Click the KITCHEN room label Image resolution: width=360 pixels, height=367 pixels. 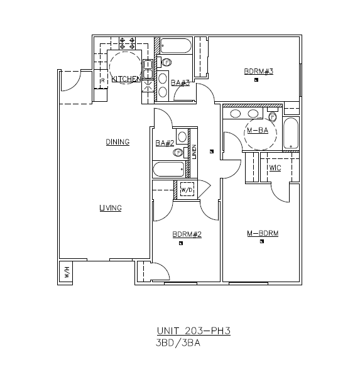[x=126, y=79]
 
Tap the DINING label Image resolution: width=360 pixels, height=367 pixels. [x=117, y=142]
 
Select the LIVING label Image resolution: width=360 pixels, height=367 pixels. [x=110, y=208]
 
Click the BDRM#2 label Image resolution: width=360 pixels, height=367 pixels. [x=187, y=235]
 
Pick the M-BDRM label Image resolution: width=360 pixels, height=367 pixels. [x=263, y=234]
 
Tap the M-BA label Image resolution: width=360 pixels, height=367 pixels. [x=258, y=131]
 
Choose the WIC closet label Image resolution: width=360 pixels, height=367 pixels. [x=275, y=168]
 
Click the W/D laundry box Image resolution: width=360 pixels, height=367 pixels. [x=187, y=190]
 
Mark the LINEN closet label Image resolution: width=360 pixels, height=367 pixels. [x=195, y=152]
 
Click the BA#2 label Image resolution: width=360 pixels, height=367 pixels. [x=164, y=143]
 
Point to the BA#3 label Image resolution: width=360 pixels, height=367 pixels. [x=180, y=82]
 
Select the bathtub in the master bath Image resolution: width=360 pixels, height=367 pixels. [x=292, y=133]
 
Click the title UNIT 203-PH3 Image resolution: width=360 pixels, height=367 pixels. [x=194, y=331]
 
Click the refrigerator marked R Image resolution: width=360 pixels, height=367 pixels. [x=101, y=80]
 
